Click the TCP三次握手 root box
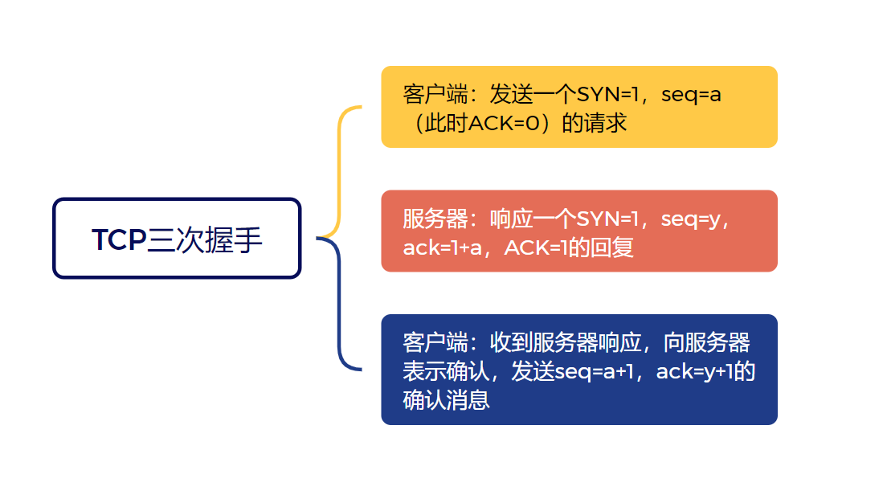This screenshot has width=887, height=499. pos(177,238)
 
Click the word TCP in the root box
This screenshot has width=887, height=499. pos(119,239)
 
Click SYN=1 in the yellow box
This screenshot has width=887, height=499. pos(607,95)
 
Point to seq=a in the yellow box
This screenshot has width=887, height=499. pos(691,95)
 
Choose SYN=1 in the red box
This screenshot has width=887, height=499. pos(607,219)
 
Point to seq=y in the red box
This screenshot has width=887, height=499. pos(691,219)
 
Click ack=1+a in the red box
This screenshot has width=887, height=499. pos(443,247)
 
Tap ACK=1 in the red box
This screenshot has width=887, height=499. pos(535,247)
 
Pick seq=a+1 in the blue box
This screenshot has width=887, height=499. pos(595,372)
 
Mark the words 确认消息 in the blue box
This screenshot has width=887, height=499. pos(447,400)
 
